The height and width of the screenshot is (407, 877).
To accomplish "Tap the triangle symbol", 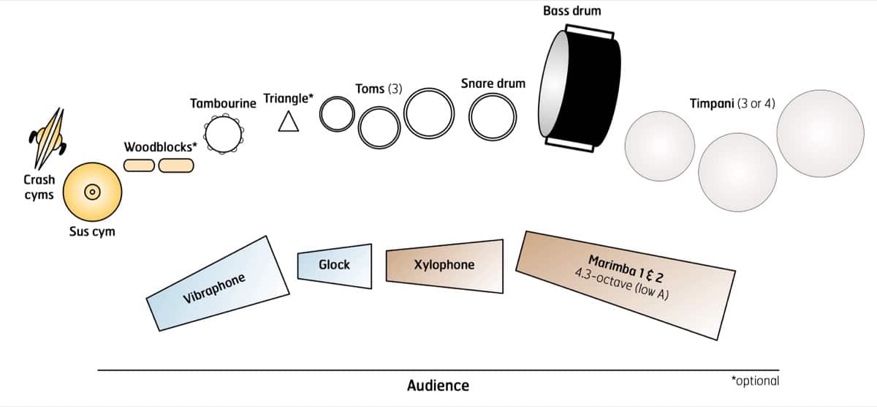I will coord(289,122).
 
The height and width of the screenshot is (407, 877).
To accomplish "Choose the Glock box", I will coord(333,265).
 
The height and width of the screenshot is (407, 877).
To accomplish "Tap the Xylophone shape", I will coord(444,266).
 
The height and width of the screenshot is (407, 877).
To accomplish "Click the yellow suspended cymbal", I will coord(92,192).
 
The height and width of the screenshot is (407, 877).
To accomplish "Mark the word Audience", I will coord(438,385).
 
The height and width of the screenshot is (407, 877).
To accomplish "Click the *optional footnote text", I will coord(755,381).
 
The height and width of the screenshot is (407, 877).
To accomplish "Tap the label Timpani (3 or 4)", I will coord(732,103).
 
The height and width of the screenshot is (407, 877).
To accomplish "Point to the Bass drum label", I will coord(572,11).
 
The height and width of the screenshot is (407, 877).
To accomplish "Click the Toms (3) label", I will coord(379,89).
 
